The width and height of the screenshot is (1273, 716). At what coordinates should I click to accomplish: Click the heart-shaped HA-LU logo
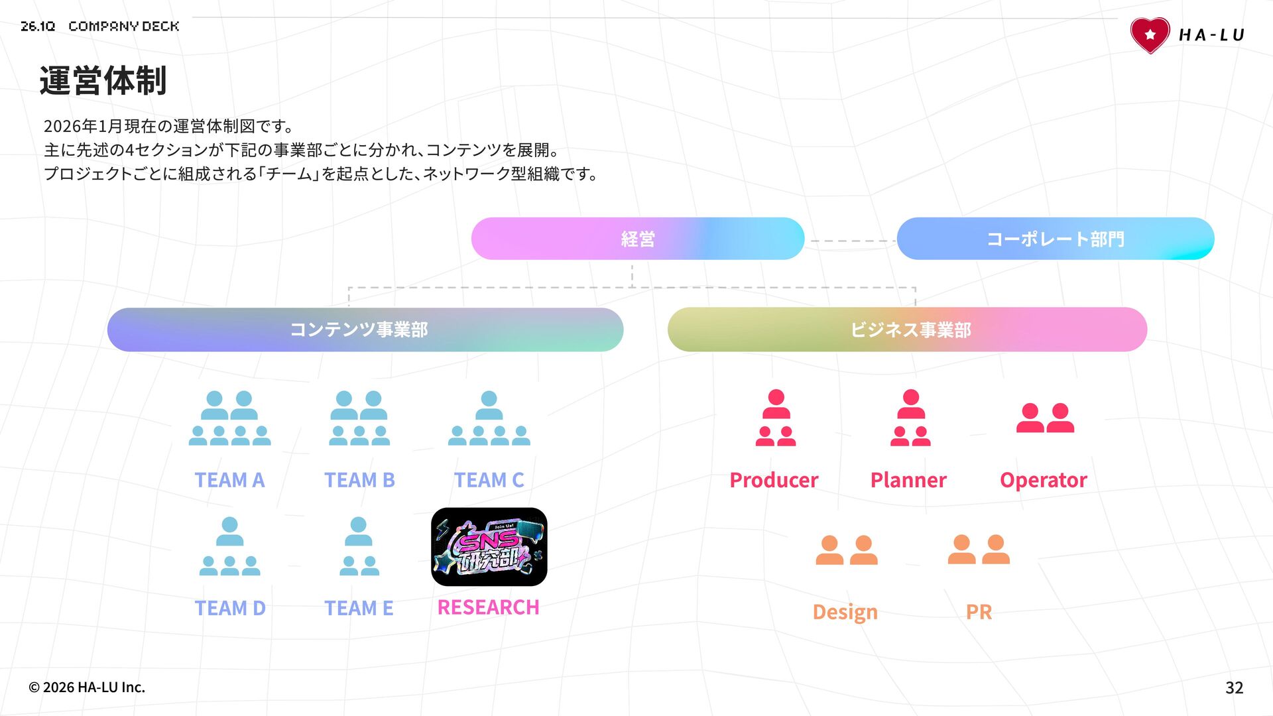pyautogui.click(x=1150, y=35)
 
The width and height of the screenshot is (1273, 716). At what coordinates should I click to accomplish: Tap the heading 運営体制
pyautogui.click(x=103, y=81)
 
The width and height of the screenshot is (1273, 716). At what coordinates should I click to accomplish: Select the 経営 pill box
pyautogui.click(x=637, y=239)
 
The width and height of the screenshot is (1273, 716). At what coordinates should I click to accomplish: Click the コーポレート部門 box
pyautogui.click(x=1055, y=239)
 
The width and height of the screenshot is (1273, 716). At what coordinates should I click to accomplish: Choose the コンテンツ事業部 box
pyautogui.click(x=365, y=329)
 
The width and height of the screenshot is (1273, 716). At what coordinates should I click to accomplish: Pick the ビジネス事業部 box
pyautogui.click(x=907, y=329)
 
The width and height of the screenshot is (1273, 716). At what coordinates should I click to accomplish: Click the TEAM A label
pyautogui.click(x=229, y=480)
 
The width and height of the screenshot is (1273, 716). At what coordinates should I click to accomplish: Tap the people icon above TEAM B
pyautogui.click(x=359, y=418)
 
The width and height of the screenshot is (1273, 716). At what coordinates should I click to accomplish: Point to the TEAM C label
pyautogui.click(x=489, y=480)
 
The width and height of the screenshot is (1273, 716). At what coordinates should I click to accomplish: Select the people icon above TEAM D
pyautogui.click(x=229, y=546)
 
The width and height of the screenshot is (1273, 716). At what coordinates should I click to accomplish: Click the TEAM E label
pyautogui.click(x=359, y=608)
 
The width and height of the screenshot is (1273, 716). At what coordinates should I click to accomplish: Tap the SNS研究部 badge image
pyautogui.click(x=489, y=547)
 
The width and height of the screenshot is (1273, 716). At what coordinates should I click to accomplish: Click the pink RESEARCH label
pyautogui.click(x=488, y=607)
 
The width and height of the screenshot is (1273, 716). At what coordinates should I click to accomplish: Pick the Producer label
pyautogui.click(x=774, y=480)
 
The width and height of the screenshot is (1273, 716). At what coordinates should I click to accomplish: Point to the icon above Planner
pyautogui.click(x=910, y=418)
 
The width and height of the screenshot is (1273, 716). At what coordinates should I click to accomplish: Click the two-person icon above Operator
pyautogui.click(x=1045, y=418)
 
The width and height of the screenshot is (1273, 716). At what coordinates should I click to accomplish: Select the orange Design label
pyautogui.click(x=845, y=611)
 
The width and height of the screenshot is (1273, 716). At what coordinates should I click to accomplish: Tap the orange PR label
pyautogui.click(x=979, y=611)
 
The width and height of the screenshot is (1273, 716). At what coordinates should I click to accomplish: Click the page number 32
pyautogui.click(x=1234, y=687)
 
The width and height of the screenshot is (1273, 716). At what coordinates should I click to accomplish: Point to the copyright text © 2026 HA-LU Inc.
pyautogui.click(x=87, y=687)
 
